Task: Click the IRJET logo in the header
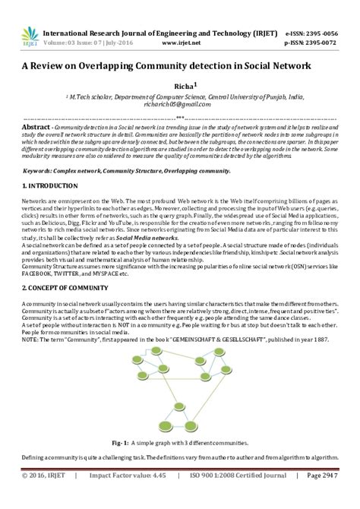pos(29,36)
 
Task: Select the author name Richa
pos(182,87)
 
